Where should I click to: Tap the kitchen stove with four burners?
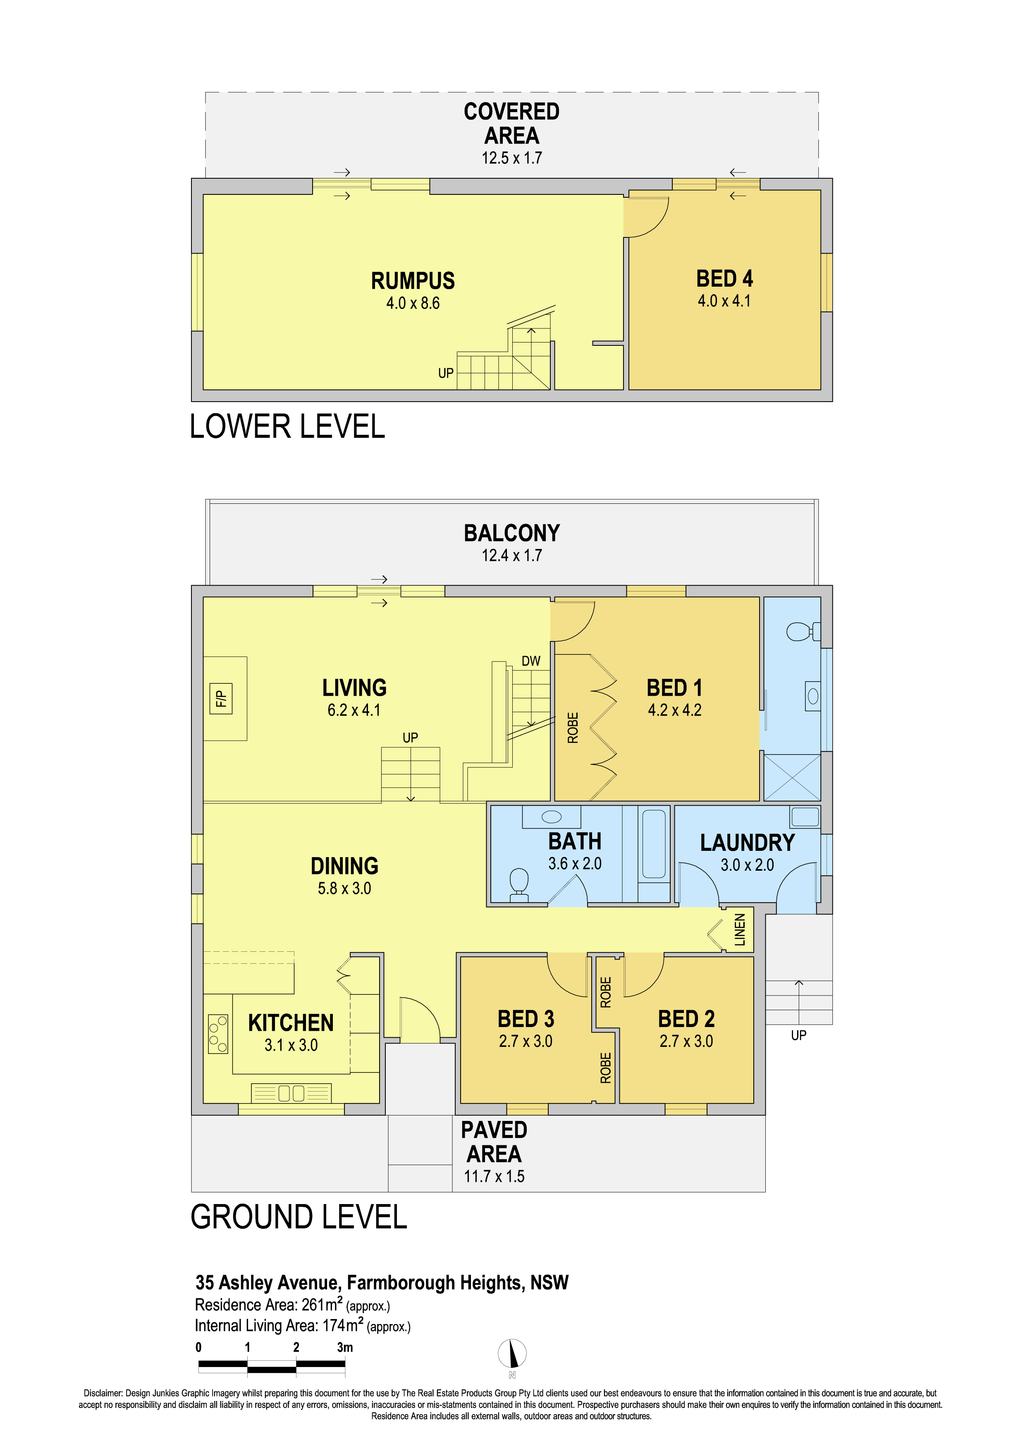(218, 1033)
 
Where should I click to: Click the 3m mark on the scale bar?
(345, 1347)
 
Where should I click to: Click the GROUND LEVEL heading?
(299, 1216)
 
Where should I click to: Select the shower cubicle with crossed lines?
(792, 777)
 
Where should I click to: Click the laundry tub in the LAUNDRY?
(805, 816)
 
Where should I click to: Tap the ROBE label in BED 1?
(573, 728)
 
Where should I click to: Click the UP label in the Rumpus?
(445, 374)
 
